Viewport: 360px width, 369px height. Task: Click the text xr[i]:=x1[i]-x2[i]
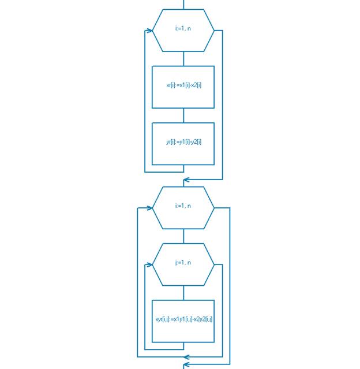pyautogui.click(x=183, y=85)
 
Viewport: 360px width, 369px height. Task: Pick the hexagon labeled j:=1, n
pyautogui.click(x=183, y=264)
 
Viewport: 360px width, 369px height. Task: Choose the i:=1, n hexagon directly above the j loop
pyautogui.click(x=183, y=207)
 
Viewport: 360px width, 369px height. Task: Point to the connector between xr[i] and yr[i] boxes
pyautogui.click(x=183, y=115)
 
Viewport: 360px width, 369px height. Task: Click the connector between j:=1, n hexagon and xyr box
pyautogui.click(x=183, y=292)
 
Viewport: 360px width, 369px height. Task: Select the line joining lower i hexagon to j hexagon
pyautogui.click(x=183, y=236)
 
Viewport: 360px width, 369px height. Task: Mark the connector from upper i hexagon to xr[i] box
pyautogui.click(x=183, y=58)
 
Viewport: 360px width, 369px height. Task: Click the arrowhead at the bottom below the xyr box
pyautogui.click(x=186, y=364)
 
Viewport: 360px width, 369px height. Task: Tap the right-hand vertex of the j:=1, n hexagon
pyautogui.click(x=214, y=264)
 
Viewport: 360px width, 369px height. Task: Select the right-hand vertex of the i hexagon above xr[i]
pyautogui.click(x=214, y=31)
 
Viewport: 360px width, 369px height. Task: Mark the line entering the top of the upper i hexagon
pyautogui.click(x=183, y=5)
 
